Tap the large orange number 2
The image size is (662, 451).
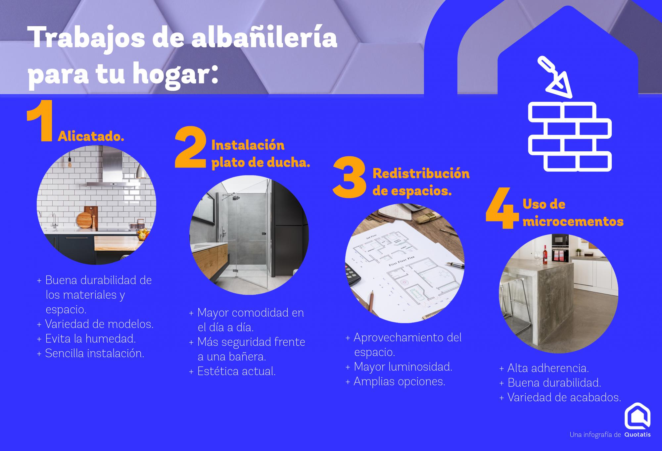(x=191, y=149)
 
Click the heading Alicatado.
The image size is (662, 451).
(x=91, y=136)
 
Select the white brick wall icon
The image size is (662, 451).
(x=569, y=136)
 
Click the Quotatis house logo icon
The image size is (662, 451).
(x=637, y=416)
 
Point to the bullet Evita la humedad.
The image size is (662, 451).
(x=86, y=339)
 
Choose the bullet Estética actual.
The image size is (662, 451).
(x=232, y=371)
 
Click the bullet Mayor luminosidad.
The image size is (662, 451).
(x=399, y=367)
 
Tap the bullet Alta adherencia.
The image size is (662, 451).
(x=544, y=368)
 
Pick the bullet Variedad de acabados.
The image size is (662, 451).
(x=560, y=397)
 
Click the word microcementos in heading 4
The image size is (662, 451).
(x=573, y=221)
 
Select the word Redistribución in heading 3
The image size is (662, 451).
(x=421, y=174)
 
